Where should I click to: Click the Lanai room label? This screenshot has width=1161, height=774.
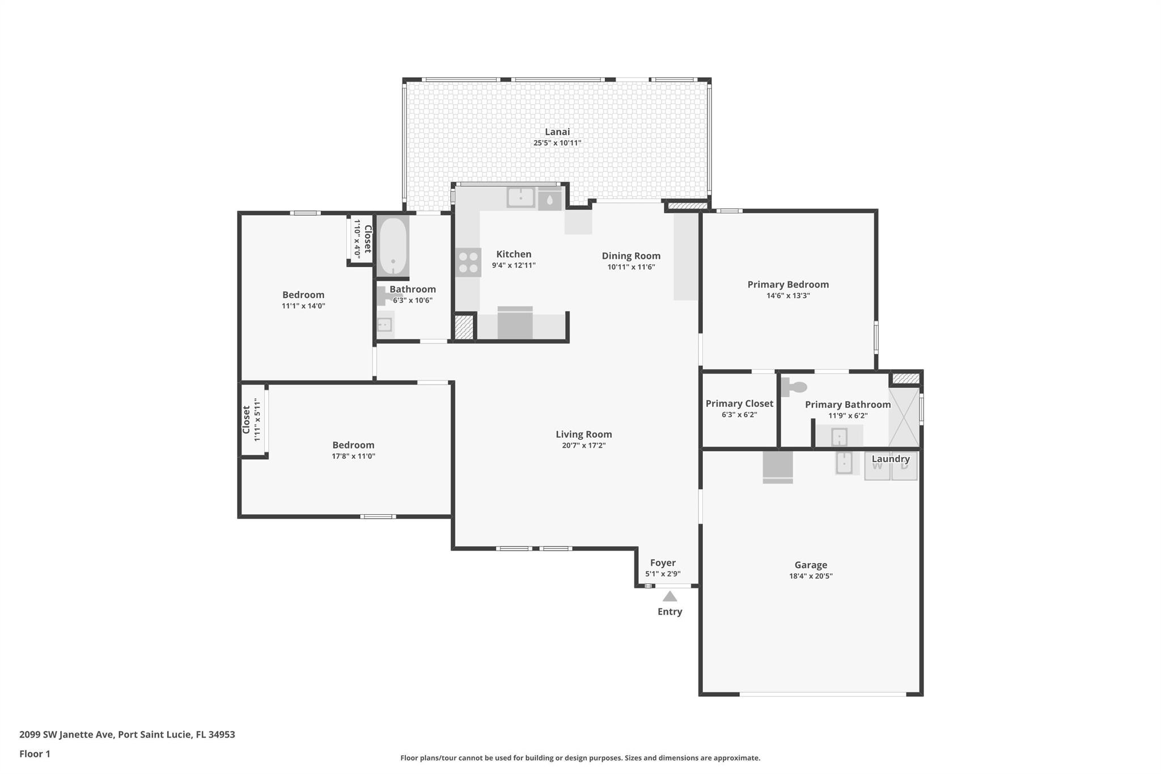557,132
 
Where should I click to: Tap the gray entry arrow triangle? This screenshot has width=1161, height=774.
670,597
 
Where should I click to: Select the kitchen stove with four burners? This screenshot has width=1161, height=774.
468,263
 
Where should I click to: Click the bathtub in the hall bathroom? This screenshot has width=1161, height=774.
392,246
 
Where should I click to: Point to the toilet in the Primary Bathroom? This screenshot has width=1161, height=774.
795,387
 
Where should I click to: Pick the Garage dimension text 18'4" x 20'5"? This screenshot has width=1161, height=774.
811,576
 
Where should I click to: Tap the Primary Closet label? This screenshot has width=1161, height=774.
739,403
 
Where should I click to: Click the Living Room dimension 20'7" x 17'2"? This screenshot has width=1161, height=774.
583,446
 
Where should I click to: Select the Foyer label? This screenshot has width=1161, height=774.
663,562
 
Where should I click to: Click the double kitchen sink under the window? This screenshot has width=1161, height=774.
520,197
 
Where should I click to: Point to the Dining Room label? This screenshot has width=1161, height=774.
631,256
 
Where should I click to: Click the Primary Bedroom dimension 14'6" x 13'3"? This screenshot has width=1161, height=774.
788,295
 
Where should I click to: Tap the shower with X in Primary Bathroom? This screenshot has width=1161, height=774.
903,417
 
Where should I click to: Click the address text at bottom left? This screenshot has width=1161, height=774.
127,734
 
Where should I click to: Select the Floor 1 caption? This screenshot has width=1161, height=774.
35,754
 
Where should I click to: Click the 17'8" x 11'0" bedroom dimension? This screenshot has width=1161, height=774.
353,456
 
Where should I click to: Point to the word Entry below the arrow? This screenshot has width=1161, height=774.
670,611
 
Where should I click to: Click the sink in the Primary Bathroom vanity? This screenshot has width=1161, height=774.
839,437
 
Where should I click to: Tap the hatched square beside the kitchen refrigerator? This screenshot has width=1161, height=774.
464,327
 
